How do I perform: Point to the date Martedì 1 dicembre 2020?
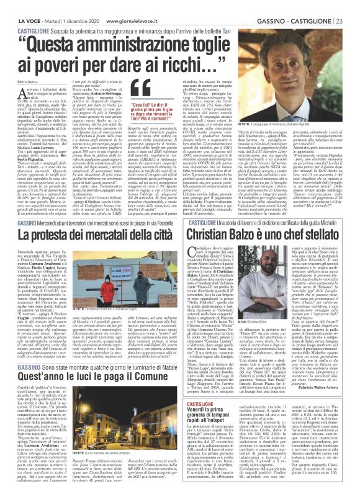click(x=66, y=5)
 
